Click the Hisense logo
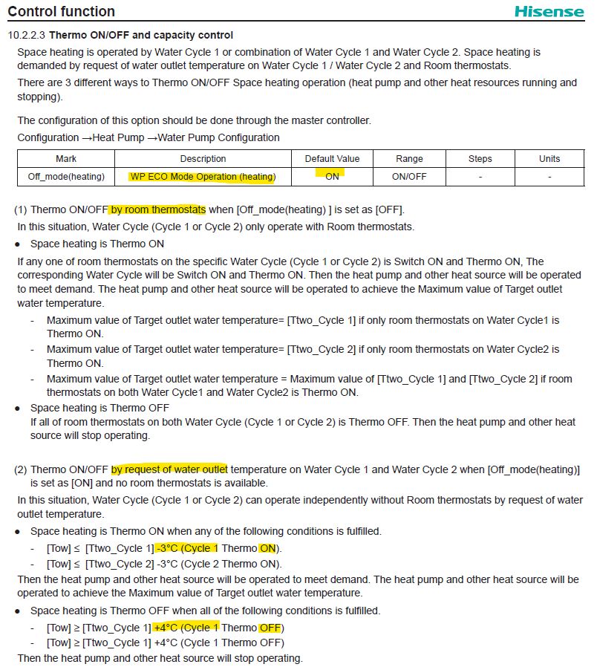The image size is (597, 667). [x=549, y=12]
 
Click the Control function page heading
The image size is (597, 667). [x=62, y=12]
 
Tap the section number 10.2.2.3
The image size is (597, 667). [x=27, y=35]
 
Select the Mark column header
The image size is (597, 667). [x=66, y=159]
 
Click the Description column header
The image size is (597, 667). [x=203, y=159]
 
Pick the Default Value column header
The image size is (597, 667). [x=332, y=159]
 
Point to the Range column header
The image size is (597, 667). [x=409, y=159]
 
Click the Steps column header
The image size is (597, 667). [x=480, y=159]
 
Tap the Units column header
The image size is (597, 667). [x=549, y=159]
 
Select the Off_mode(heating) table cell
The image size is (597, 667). [x=66, y=177]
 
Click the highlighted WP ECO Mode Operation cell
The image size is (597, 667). [x=203, y=177]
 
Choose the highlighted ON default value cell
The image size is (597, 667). [x=332, y=177]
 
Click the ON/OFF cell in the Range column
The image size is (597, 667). [x=409, y=177]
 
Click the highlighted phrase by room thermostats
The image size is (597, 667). [x=158, y=209]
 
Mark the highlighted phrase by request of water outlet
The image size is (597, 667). [x=169, y=469]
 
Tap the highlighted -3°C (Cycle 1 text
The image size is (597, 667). [x=186, y=548]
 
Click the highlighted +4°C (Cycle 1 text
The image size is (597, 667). [x=186, y=628]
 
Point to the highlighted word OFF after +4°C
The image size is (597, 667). [x=270, y=628]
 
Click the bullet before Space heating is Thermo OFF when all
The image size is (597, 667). [x=17, y=611]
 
